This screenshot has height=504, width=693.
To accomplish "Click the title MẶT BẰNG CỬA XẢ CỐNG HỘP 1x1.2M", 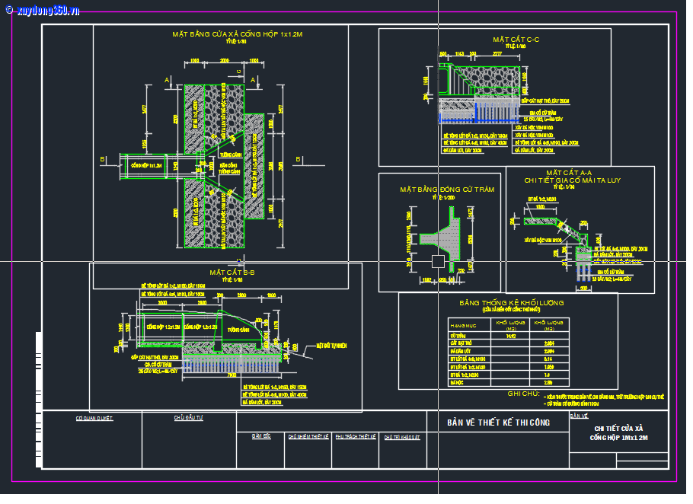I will pos(238,34).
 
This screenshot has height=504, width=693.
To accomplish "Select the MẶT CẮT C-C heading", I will pos(516,39).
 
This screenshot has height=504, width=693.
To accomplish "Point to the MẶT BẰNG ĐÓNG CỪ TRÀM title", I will pos(436,189).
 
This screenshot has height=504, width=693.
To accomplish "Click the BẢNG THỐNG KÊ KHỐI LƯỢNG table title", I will pos(511,303).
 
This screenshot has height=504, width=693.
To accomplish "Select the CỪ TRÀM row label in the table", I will pos(458,335).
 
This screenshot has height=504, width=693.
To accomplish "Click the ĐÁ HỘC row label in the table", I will pos(458,383).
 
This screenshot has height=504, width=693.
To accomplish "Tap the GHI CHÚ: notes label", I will pos(523,394).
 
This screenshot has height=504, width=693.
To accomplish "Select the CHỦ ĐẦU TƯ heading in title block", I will pos(188,418).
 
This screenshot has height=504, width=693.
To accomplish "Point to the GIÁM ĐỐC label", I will pos(262,437).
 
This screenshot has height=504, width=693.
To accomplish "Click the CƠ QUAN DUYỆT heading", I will pos(94,418).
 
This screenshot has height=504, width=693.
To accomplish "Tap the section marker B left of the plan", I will pos(103,159).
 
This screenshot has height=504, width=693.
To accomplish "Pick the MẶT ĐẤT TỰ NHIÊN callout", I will pos(331,346).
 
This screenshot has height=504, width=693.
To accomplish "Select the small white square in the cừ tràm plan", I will pos(438,261).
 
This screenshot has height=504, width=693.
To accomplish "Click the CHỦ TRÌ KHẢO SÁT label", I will pos(401,437).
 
